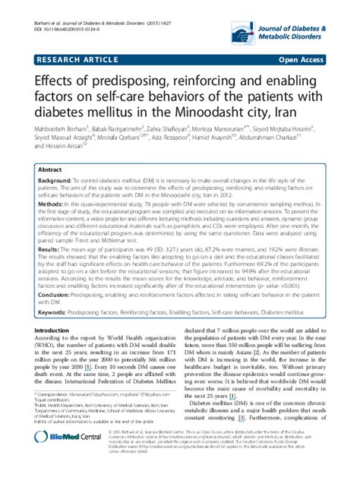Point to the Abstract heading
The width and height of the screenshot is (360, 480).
[49, 172]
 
